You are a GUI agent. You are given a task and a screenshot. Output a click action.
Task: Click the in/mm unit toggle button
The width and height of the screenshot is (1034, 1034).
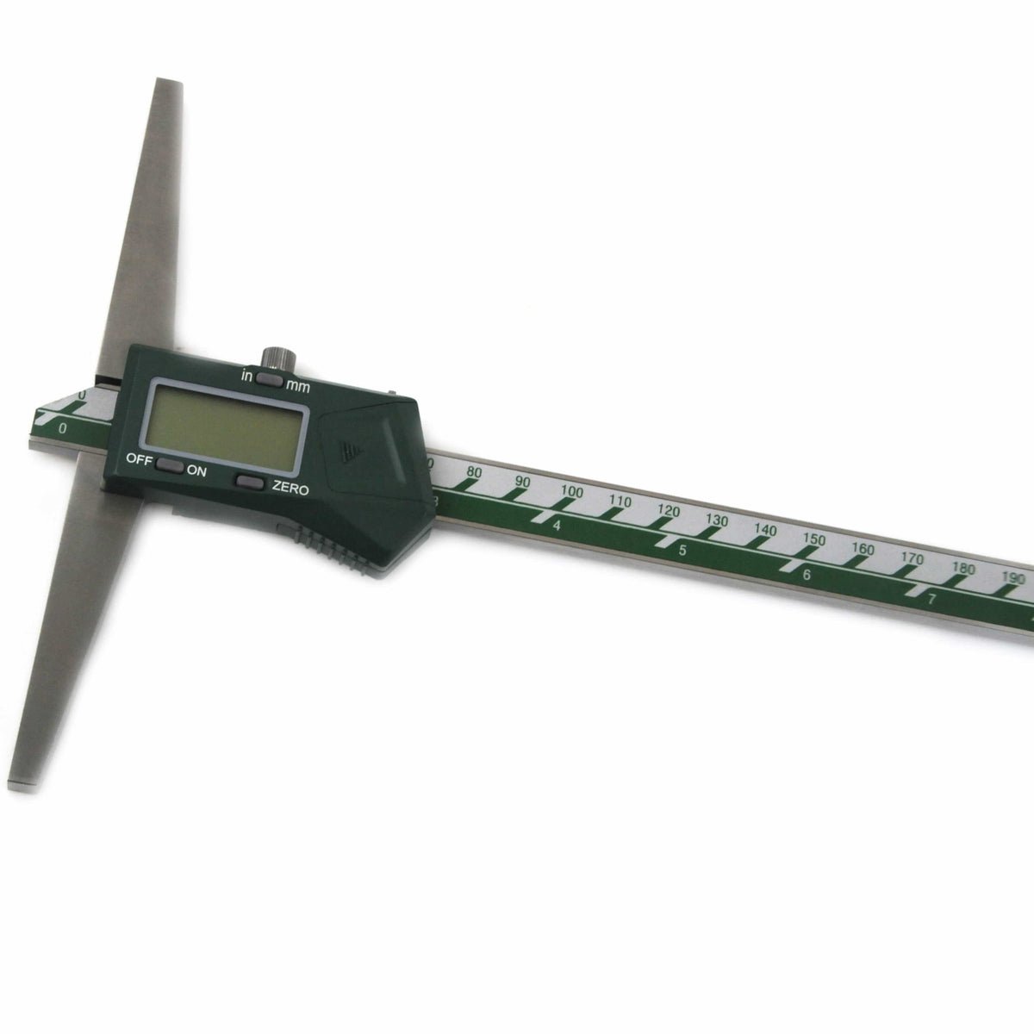tap(270, 378)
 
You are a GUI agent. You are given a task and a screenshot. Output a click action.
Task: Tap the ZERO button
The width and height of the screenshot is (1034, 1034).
tap(251, 483)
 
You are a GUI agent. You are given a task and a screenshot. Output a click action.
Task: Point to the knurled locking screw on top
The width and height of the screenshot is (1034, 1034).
tap(275, 356)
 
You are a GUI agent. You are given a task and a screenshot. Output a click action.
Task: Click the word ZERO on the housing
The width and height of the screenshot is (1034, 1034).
tap(290, 488)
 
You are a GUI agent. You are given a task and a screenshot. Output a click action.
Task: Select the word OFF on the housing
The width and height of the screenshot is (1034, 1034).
tap(139, 459)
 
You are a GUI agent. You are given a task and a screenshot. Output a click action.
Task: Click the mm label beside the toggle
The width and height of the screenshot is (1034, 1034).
tap(297, 387)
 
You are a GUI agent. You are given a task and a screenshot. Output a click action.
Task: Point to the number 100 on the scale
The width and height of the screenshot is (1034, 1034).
tap(571, 491)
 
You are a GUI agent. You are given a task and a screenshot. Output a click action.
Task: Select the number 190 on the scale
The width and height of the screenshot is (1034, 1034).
tap(1013, 578)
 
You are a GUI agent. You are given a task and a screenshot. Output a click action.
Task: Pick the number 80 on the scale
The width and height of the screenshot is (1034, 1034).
tap(474, 472)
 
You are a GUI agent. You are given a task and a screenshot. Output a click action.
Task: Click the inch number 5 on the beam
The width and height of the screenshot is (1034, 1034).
tap(682, 551)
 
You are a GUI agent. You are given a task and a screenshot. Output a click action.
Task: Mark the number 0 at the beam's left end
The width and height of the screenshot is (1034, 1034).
tap(63, 428)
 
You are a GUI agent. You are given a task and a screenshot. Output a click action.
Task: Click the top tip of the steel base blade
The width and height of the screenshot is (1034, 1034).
tap(166, 84)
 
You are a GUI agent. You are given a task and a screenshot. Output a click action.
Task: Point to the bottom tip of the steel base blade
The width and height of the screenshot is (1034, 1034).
tap(23, 784)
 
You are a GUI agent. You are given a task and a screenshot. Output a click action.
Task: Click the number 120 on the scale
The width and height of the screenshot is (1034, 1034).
tap(669, 510)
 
